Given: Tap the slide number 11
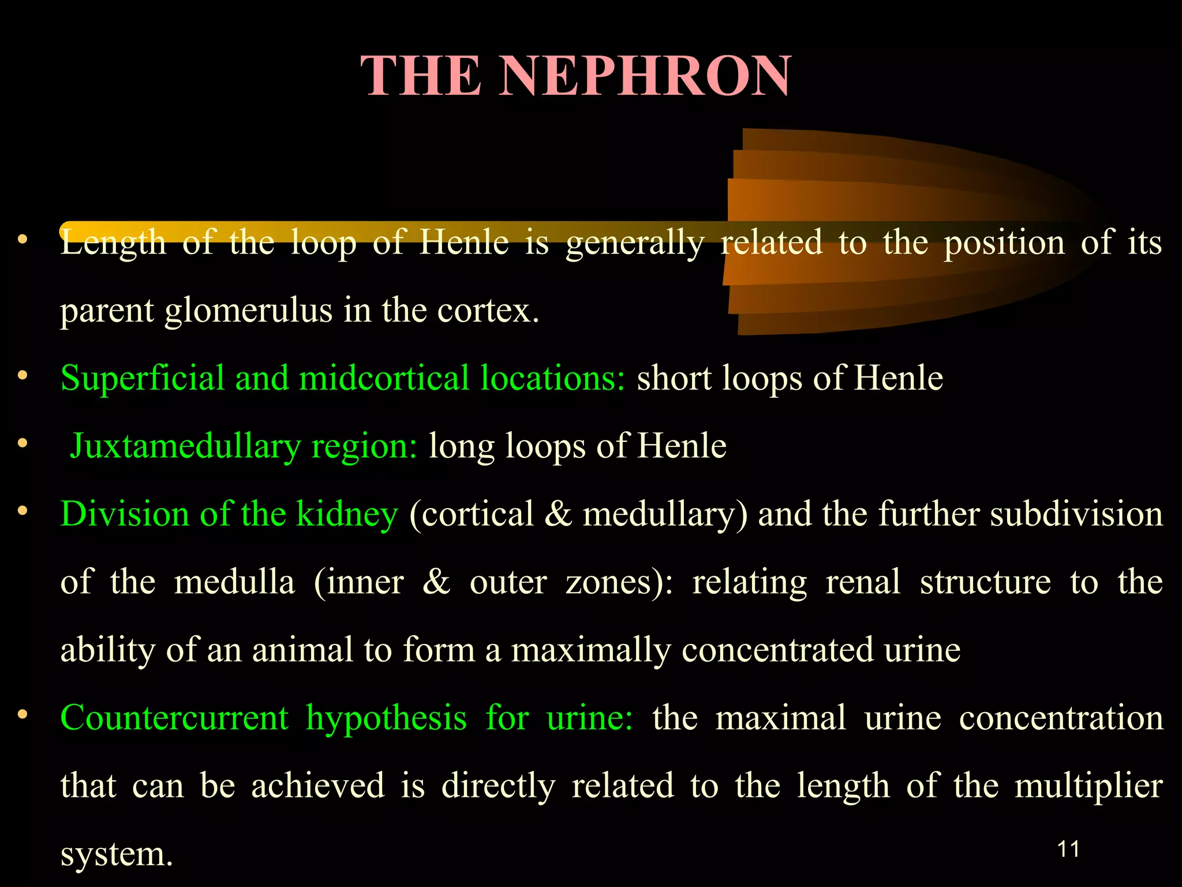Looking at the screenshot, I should [1068, 849].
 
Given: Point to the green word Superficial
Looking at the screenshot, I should [142, 378].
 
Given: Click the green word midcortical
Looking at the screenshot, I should [384, 378].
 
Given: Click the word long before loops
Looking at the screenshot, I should [461, 446].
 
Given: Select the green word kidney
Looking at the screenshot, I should [346, 514].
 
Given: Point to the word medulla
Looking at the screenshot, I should [234, 582].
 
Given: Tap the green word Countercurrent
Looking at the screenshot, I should [174, 718].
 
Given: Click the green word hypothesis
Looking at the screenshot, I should [386, 719].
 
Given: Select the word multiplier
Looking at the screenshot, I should [1088, 786].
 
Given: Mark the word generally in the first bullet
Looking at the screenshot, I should [635, 243].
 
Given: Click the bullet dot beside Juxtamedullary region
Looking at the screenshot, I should [23, 443].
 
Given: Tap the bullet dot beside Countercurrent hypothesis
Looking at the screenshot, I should [23, 715].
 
